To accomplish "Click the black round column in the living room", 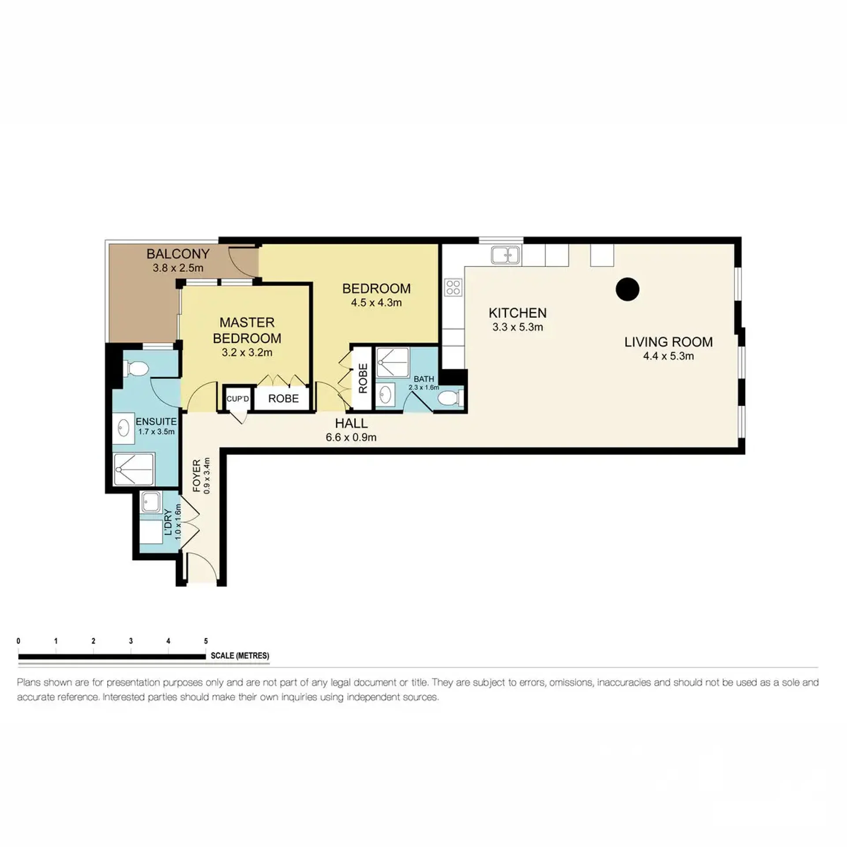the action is [x=627, y=289].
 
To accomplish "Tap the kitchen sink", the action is [x=506, y=255].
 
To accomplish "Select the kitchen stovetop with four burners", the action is [x=453, y=287].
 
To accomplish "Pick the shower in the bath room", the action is [x=393, y=363].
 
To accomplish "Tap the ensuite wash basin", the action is [x=124, y=428].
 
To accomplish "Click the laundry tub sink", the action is [x=151, y=502].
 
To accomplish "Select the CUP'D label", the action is [x=238, y=399].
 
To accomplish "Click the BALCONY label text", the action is [x=178, y=254].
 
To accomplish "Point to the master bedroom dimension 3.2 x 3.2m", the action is [x=247, y=352].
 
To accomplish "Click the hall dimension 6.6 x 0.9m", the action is [x=351, y=437].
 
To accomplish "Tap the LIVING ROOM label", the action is [x=668, y=342].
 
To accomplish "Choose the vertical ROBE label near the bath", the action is [x=363, y=379].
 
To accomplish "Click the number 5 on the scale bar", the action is [x=206, y=641].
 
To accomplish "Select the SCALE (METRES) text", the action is [x=240, y=656].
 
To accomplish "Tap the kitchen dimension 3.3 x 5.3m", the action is [x=517, y=327].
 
